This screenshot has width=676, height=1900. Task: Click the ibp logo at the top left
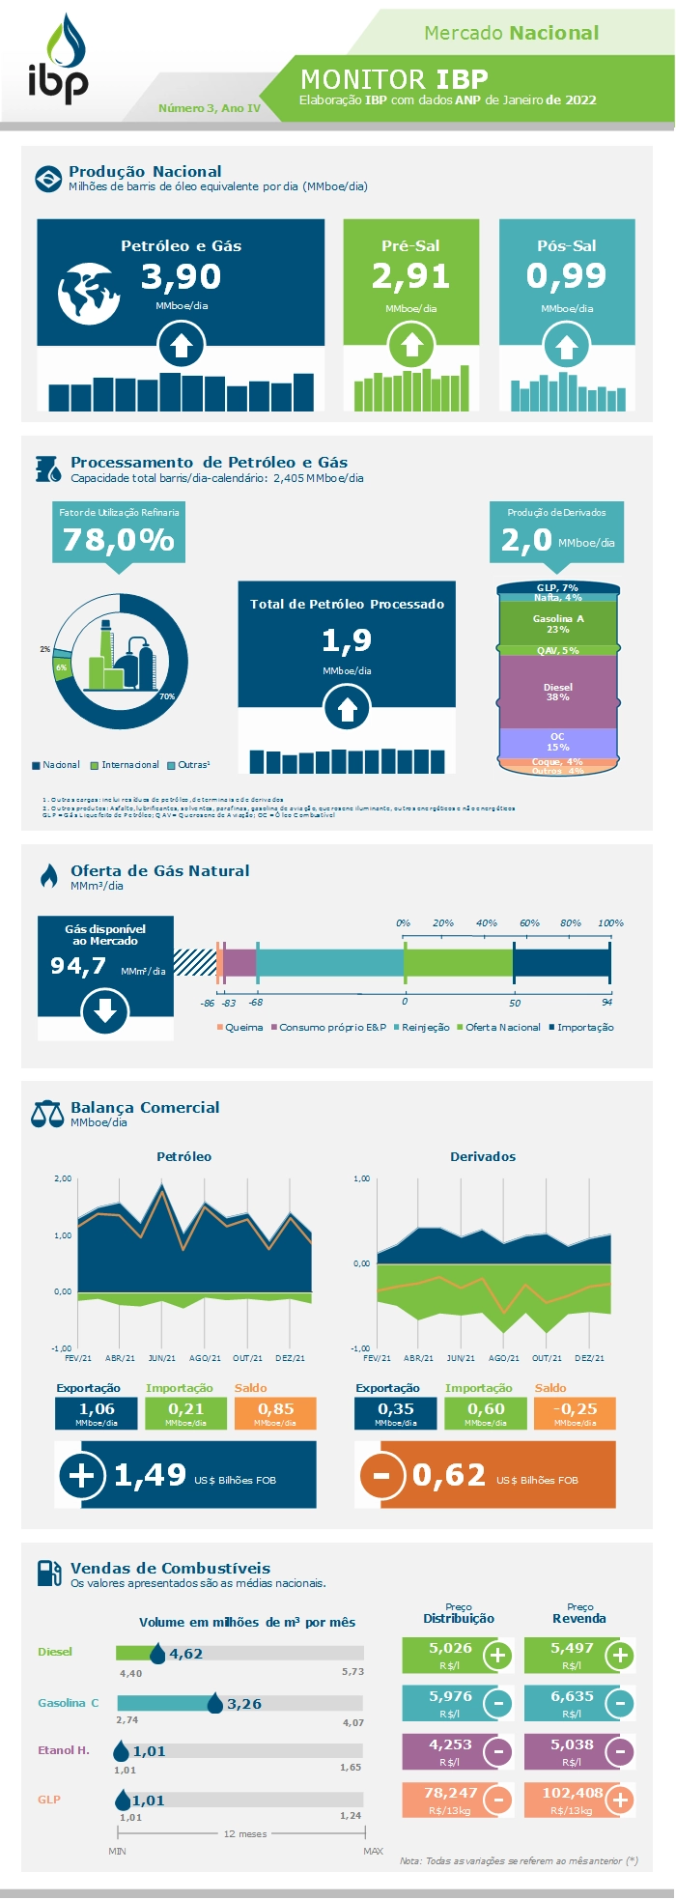pyautogui.click(x=57, y=60)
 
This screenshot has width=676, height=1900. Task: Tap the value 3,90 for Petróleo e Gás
pyautogui.click(x=181, y=277)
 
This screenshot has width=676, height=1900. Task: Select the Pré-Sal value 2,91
pyautogui.click(x=410, y=276)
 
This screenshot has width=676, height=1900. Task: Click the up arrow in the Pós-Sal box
pyautogui.click(x=567, y=347)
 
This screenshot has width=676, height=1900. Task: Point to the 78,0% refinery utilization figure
pyautogui.click(x=118, y=539)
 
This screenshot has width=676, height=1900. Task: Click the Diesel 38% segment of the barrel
pyautogui.click(x=558, y=692)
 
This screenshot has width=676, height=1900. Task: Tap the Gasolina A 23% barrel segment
pyautogui.click(x=558, y=623)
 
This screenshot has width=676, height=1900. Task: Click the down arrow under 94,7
pyautogui.click(x=105, y=1011)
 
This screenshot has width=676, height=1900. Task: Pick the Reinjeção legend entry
pyautogui.click(x=421, y=1027)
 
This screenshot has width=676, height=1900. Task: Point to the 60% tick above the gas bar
pyautogui.click(x=529, y=922)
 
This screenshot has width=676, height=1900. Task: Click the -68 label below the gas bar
pyautogui.click(x=256, y=1004)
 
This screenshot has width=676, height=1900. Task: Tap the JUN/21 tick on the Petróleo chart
pyautogui.click(x=162, y=1358)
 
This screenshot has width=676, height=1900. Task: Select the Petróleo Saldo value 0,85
pyautogui.click(x=275, y=1409)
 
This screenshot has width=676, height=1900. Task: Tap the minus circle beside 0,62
pyautogui.click(x=381, y=1475)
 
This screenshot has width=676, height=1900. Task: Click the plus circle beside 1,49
pyautogui.click(x=82, y=1475)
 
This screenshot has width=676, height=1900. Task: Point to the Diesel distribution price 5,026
pyautogui.click(x=450, y=1647)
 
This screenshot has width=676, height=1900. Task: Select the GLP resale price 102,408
pyautogui.click(x=573, y=1793)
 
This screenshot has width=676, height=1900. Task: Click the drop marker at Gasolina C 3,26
pyautogui.click(x=215, y=1704)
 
